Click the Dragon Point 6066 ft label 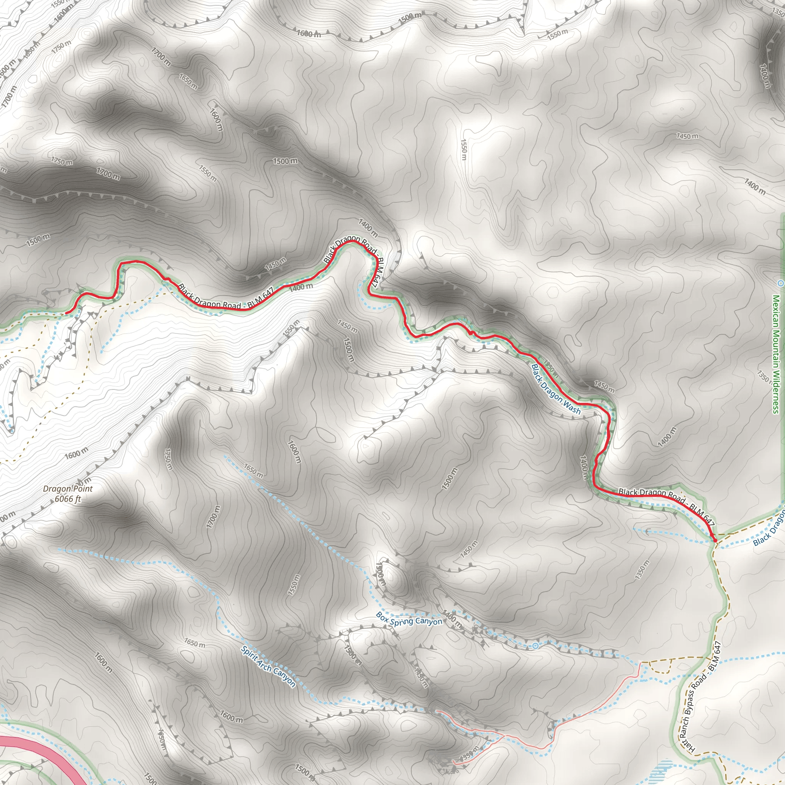tap(68, 494)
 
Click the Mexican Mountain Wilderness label tap(776, 353)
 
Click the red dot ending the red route tap(715, 540)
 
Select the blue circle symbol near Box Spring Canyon tap(535, 645)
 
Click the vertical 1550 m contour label tap(464, 149)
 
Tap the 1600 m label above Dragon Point tap(76, 453)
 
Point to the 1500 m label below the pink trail tap(304, 769)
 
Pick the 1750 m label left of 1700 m tap(62, 161)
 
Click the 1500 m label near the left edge tap(38, 240)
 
